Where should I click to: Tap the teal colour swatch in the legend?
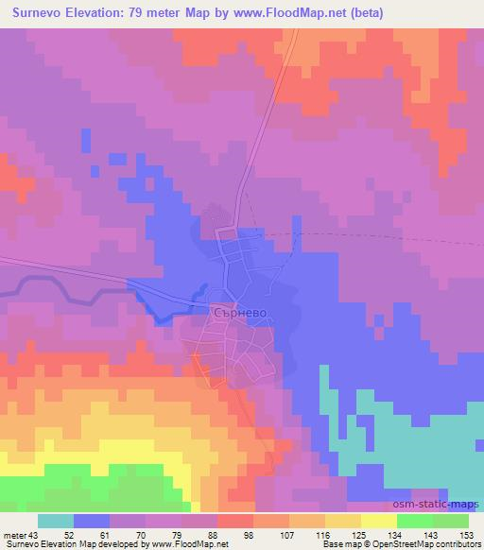[x=56, y=522]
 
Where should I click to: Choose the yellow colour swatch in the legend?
[x=379, y=522]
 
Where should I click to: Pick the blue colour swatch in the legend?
[x=92, y=522]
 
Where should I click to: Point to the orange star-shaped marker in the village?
[x=195, y=355]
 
